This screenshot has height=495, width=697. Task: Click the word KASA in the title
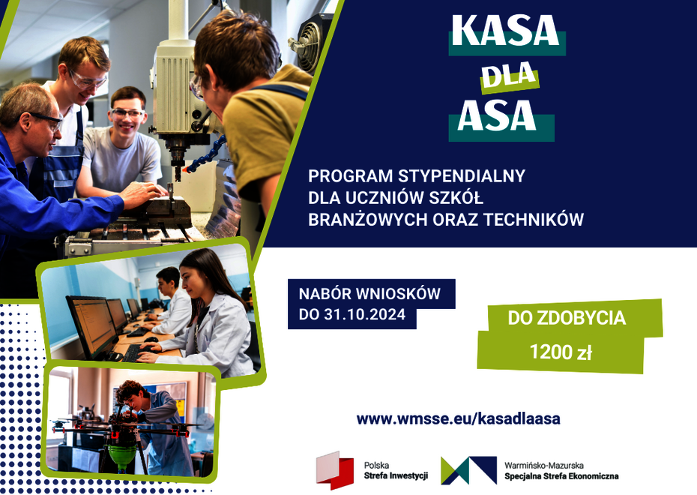point(505,31)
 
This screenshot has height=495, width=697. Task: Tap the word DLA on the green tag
point(509,76)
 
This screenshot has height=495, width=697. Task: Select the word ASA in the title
point(497,115)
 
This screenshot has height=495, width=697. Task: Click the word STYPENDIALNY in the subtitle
point(462,176)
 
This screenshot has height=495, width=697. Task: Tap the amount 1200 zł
point(561,352)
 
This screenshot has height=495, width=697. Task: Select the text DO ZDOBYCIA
point(567,318)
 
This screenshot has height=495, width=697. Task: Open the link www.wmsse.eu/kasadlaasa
point(458,419)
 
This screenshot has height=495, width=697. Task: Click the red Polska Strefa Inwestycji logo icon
point(335,470)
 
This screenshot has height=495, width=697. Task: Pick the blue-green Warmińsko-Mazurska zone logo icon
point(468,470)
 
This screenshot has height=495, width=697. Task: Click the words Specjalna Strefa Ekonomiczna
point(561,476)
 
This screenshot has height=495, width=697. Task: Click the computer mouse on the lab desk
point(151,340)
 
